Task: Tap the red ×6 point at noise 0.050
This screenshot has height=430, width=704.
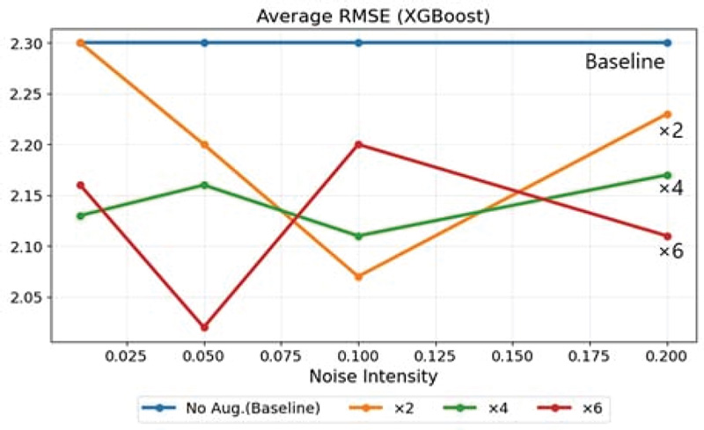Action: tap(205, 327)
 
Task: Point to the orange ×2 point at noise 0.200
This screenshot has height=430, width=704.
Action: tap(668, 113)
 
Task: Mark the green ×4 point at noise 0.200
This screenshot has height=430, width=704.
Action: tap(668, 175)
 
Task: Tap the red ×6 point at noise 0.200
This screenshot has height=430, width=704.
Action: tap(668, 236)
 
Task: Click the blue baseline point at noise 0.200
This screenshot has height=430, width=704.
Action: tap(668, 42)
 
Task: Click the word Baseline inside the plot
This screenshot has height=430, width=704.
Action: tap(625, 62)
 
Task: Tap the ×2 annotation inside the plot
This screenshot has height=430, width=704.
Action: tap(671, 131)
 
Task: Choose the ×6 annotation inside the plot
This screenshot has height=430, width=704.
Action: tap(671, 252)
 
